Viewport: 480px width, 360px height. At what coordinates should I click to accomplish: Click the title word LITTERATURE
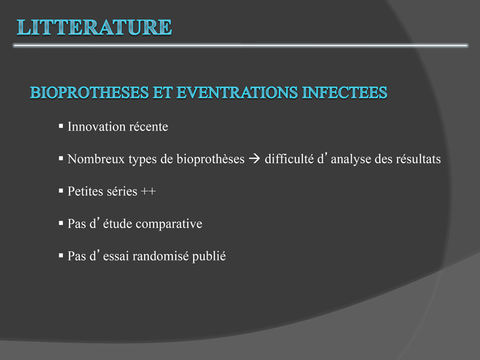[94, 27]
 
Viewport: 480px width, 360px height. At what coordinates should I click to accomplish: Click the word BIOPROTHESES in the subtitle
[89, 92]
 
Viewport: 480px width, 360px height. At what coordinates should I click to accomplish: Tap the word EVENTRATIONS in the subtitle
[237, 92]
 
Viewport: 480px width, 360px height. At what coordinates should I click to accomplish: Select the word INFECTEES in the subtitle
[344, 92]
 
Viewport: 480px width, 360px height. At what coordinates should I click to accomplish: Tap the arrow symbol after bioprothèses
[254, 159]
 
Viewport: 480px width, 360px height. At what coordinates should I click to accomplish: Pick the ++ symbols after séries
[148, 191]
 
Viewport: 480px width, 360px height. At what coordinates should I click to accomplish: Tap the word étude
[117, 223]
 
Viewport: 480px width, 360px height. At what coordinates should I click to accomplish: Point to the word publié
[209, 257]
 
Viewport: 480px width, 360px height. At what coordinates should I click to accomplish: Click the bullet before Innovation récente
[61, 125]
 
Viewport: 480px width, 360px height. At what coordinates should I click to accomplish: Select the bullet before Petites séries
[61, 190]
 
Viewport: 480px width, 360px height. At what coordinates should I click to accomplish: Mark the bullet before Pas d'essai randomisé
[61, 256]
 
